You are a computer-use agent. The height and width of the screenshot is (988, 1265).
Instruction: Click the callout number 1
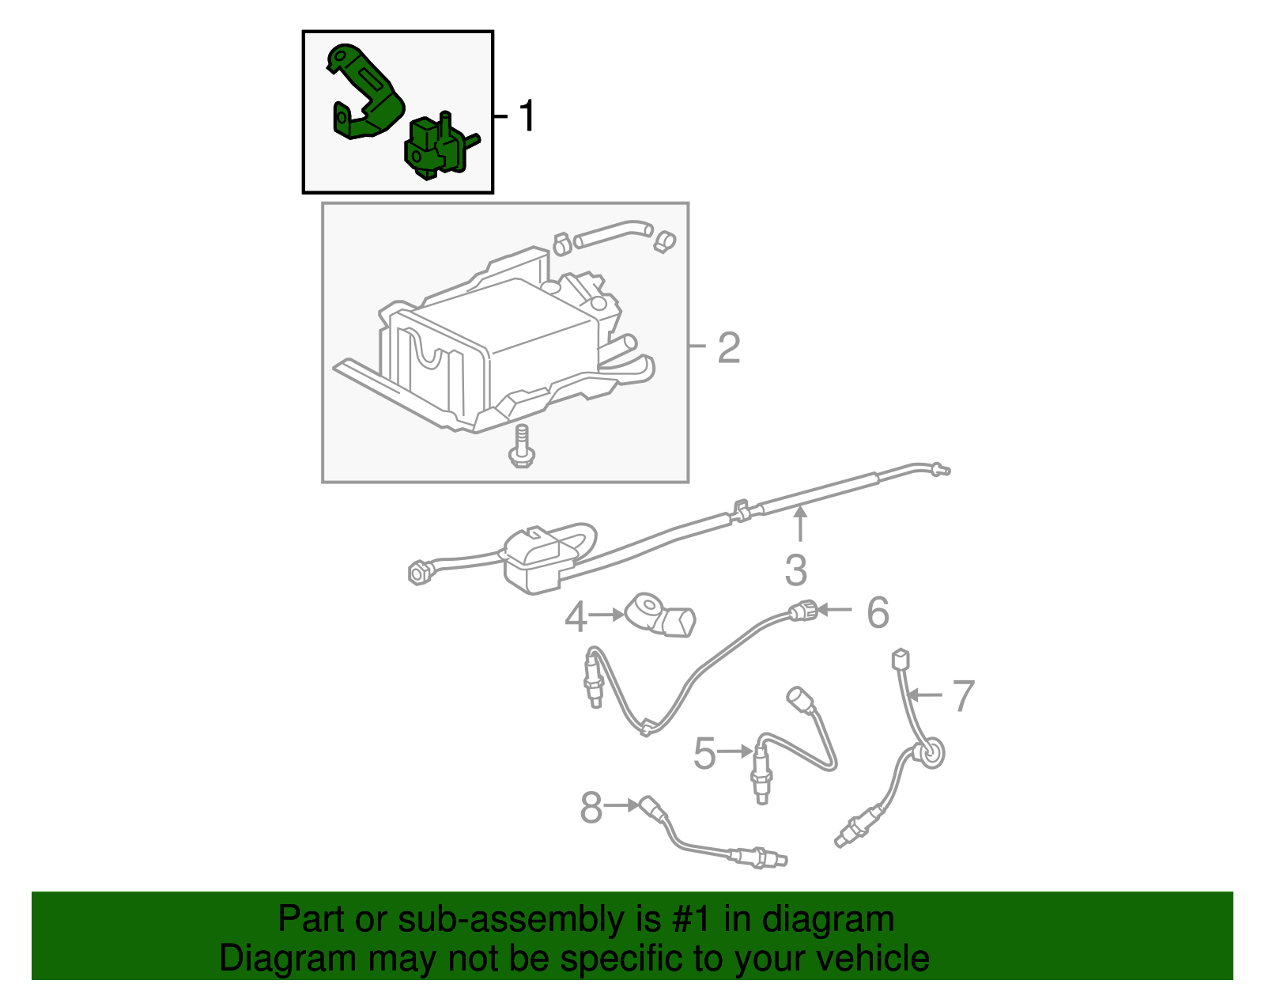527,116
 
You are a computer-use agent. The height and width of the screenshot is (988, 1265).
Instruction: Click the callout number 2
729,348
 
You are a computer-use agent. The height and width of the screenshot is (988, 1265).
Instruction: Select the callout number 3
796,570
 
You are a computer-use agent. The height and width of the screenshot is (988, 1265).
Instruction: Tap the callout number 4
576,617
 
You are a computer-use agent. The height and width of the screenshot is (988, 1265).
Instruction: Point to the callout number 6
878,613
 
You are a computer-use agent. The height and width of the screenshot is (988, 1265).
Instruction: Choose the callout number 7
963,697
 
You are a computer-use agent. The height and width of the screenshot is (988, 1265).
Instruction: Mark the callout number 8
591,808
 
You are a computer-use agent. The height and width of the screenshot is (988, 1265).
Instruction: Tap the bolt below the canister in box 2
521,447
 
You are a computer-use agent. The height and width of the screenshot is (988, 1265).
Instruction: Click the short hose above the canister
612,234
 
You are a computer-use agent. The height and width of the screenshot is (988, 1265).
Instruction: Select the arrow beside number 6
835,610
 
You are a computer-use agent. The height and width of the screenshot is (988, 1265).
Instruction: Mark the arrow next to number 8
623,805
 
